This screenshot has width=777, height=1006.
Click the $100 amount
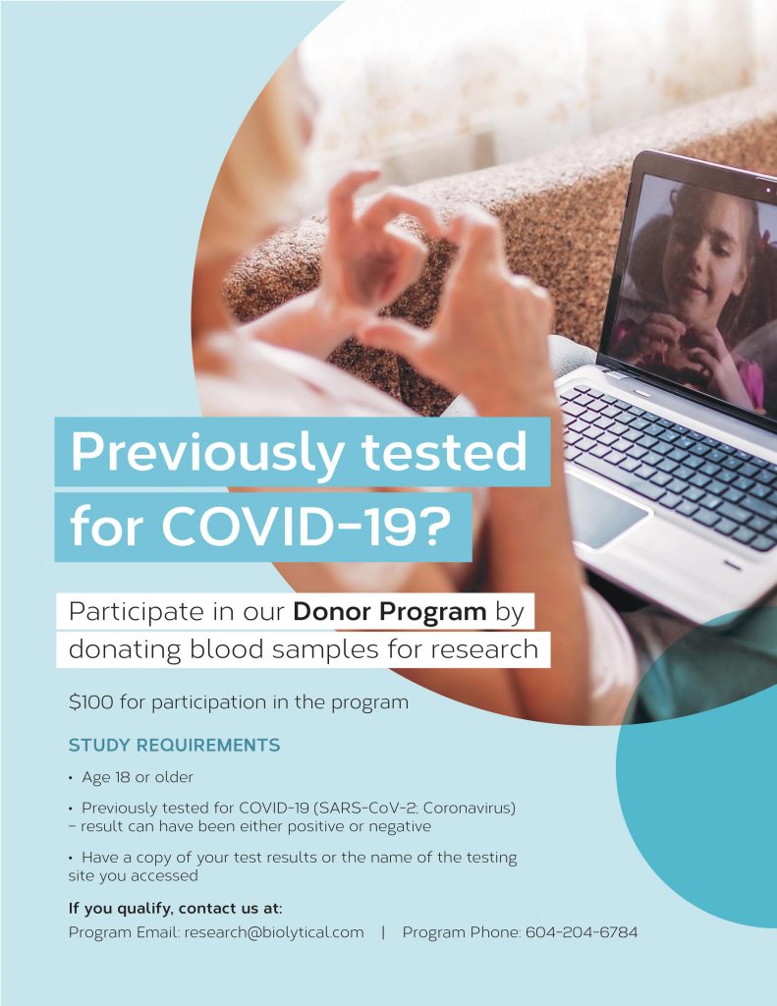(x=91, y=701)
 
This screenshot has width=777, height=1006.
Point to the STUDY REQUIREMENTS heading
(x=175, y=745)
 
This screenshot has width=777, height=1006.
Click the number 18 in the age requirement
(x=122, y=777)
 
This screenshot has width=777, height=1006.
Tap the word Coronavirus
(x=469, y=808)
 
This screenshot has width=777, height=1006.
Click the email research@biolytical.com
(x=274, y=932)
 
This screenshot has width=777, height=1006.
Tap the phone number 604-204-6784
(x=582, y=932)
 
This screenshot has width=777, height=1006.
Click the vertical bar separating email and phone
(x=383, y=932)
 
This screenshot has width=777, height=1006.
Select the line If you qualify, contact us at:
(x=175, y=909)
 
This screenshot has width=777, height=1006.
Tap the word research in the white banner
(x=483, y=650)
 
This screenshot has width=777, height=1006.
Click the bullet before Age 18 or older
(x=71, y=778)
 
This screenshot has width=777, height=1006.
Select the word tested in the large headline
(x=444, y=452)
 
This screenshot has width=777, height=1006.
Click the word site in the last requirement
(x=80, y=875)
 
